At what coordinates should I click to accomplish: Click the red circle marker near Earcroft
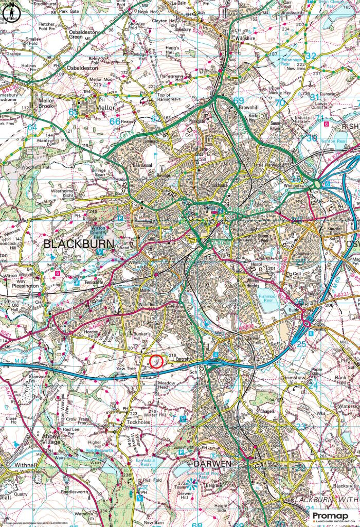156,361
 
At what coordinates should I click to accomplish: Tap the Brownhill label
250,108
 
